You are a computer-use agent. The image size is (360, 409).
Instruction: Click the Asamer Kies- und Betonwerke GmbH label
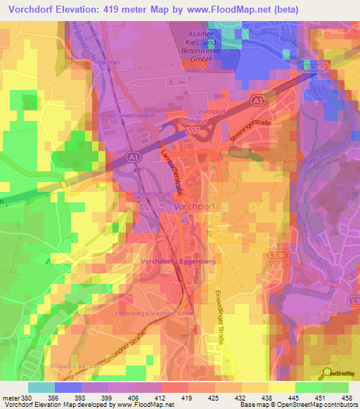pyautogui.click(x=208, y=47)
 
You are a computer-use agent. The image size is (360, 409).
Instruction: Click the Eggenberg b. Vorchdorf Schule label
pyautogui.click(x=153, y=314)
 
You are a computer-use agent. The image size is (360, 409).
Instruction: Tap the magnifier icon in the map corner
pyautogui.click(x=326, y=373)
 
